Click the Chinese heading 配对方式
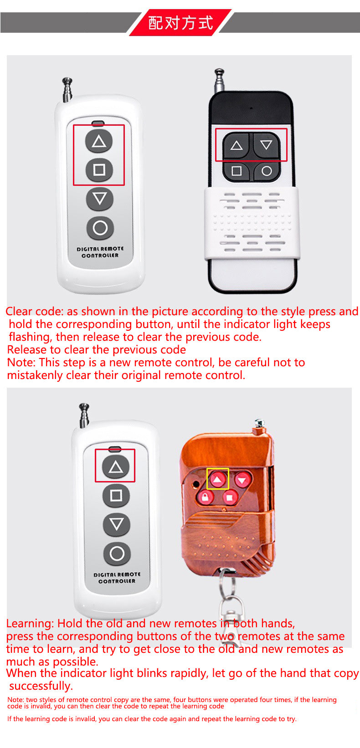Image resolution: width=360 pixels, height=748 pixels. click(x=180, y=23)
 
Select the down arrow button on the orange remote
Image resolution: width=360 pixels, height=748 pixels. click(x=243, y=480)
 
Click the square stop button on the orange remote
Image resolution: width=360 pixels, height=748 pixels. click(x=230, y=497)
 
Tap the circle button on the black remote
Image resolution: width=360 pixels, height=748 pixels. click(x=267, y=171)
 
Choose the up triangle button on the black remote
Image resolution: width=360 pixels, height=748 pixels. click(x=237, y=146)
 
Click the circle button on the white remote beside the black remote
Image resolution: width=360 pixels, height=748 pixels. click(x=100, y=228)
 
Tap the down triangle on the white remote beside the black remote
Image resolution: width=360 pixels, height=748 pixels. click(x=99, y=199)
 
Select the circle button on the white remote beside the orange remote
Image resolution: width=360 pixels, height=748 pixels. click(x=117, y=553)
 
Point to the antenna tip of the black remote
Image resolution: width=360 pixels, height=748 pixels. click(x=219, y=72)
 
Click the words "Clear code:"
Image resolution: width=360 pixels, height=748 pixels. click(x=34, y=312)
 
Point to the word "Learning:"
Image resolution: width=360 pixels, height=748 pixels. click(x=30, y=624)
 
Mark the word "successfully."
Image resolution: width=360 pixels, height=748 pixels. click(x=41, y=686)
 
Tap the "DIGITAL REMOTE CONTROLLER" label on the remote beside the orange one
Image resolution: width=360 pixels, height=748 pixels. click(x=117, y=578)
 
